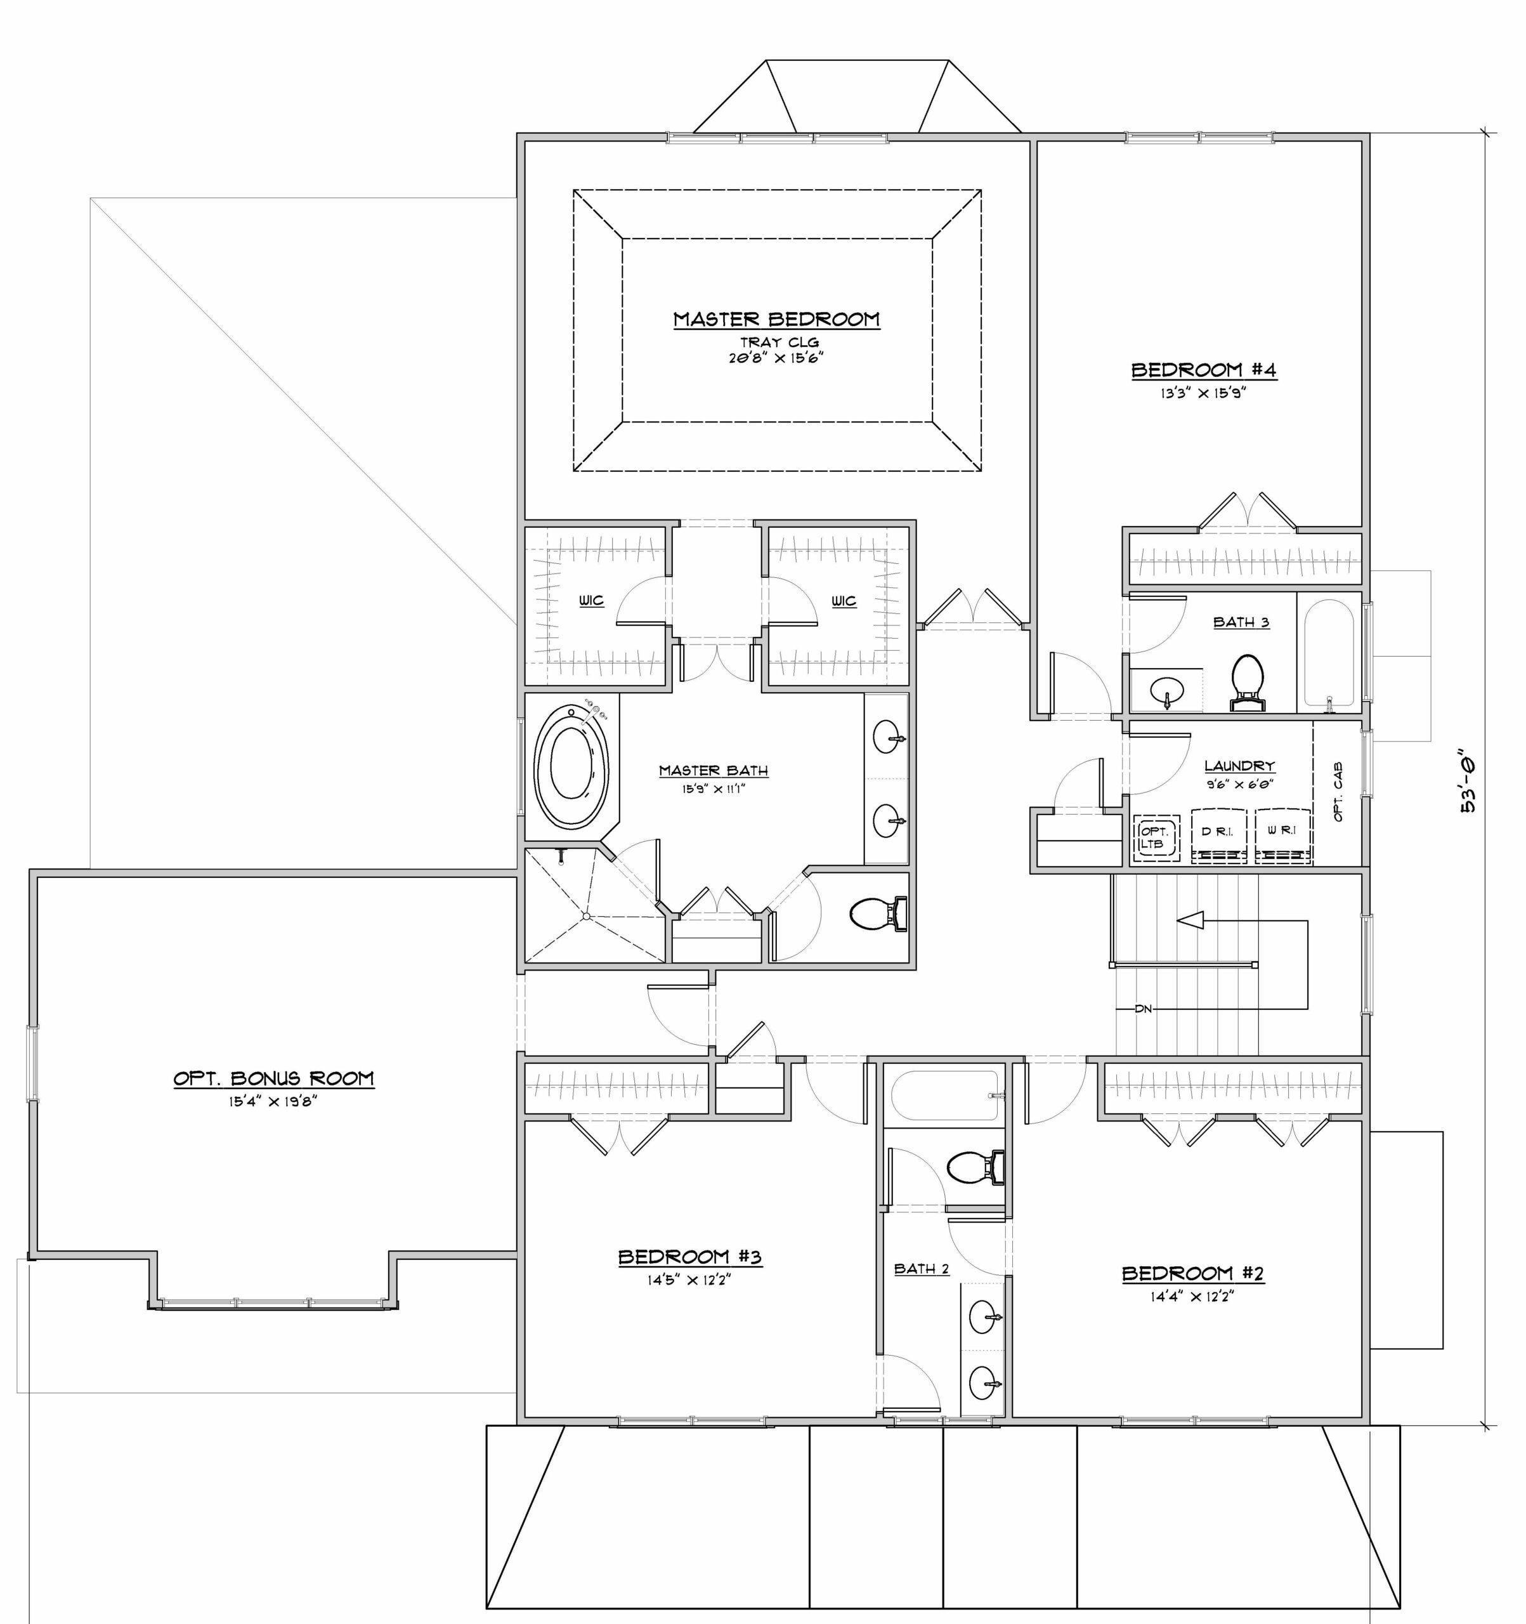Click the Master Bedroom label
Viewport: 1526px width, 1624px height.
tap(776, 320)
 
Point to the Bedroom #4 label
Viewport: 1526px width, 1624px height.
tap(1203, 370)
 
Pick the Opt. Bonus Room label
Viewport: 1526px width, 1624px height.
tap(273, 1078)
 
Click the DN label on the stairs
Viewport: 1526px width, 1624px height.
tap(1143, 1009)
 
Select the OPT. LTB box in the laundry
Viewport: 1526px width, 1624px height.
tap(1156, 837)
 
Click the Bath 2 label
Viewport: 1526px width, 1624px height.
tap(922, 1269)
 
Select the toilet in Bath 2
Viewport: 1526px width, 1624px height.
tap(975, 1167)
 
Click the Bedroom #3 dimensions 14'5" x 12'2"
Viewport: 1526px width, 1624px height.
tap(689, 1280)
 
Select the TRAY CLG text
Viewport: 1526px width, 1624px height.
tap(779, 343)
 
